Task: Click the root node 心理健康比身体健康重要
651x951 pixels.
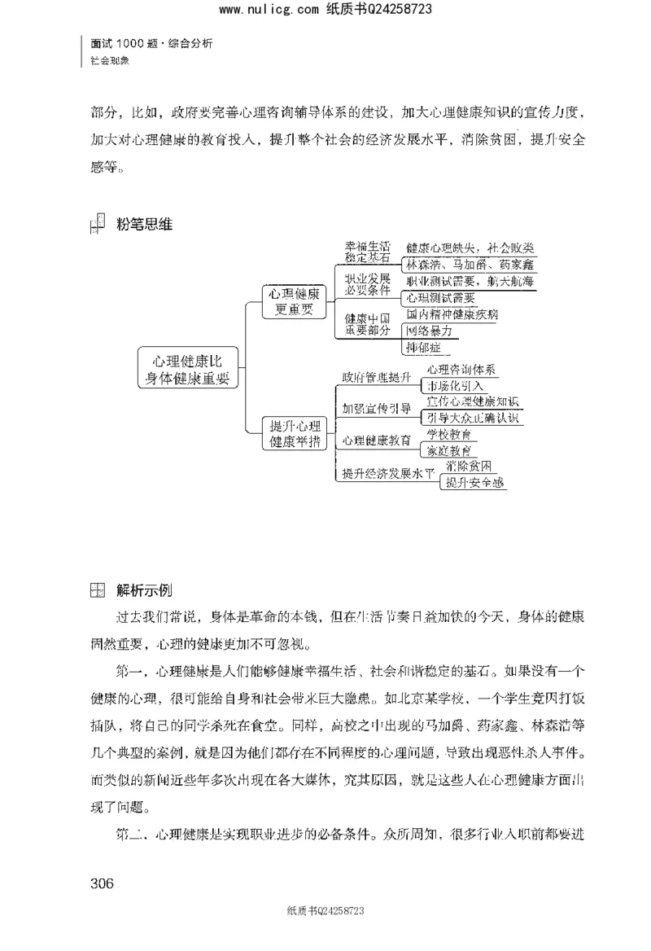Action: pos(187,369)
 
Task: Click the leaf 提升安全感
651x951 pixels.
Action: pos(474,483)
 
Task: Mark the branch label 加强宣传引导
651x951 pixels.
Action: pos(376,409)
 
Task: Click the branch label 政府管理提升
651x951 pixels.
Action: pos(376,377)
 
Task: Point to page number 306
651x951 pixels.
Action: pos(100,884)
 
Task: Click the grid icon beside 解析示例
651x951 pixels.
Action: pos(97,589)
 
